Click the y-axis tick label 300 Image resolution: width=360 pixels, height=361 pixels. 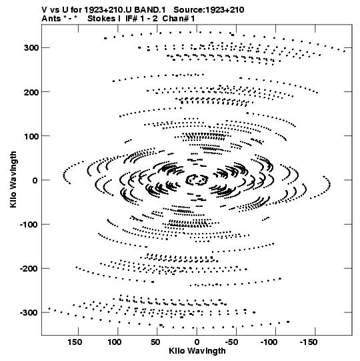(x=31, y=48)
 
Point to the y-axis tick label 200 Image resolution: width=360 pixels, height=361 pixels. (x=31, y=92)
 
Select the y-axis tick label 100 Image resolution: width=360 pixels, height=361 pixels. (x=31, y=136)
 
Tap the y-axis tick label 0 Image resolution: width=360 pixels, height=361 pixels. (x=35, y=180)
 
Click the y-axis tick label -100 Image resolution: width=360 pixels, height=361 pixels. (x=29, y=225)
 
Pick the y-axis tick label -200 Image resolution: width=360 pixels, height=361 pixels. (x=29, y=269)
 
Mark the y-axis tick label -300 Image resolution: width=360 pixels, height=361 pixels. (x=29, y=313)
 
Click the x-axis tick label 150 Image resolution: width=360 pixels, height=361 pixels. (x=75, y=342)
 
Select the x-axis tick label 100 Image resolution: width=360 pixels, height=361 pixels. (x=115, y=342)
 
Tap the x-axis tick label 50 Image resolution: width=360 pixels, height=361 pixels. (x=155, y=342)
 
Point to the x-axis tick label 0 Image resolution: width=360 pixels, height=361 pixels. (x=197, y=342)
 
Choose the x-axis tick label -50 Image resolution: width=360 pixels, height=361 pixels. (x=232, y=342)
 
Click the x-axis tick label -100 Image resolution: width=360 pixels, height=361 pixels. (x=269, y=342)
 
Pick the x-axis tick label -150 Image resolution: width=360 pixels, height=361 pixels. (x=309, y=342)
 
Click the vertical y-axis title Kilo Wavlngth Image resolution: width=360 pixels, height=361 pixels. (x=13, y=179)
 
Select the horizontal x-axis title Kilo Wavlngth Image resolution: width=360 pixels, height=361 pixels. (x=197, y=351)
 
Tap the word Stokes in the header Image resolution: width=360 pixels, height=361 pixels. (x=101, y=19)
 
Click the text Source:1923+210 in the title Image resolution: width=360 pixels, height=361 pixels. (x=209, y=10)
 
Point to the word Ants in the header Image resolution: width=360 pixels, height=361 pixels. (x=51, y=19)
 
